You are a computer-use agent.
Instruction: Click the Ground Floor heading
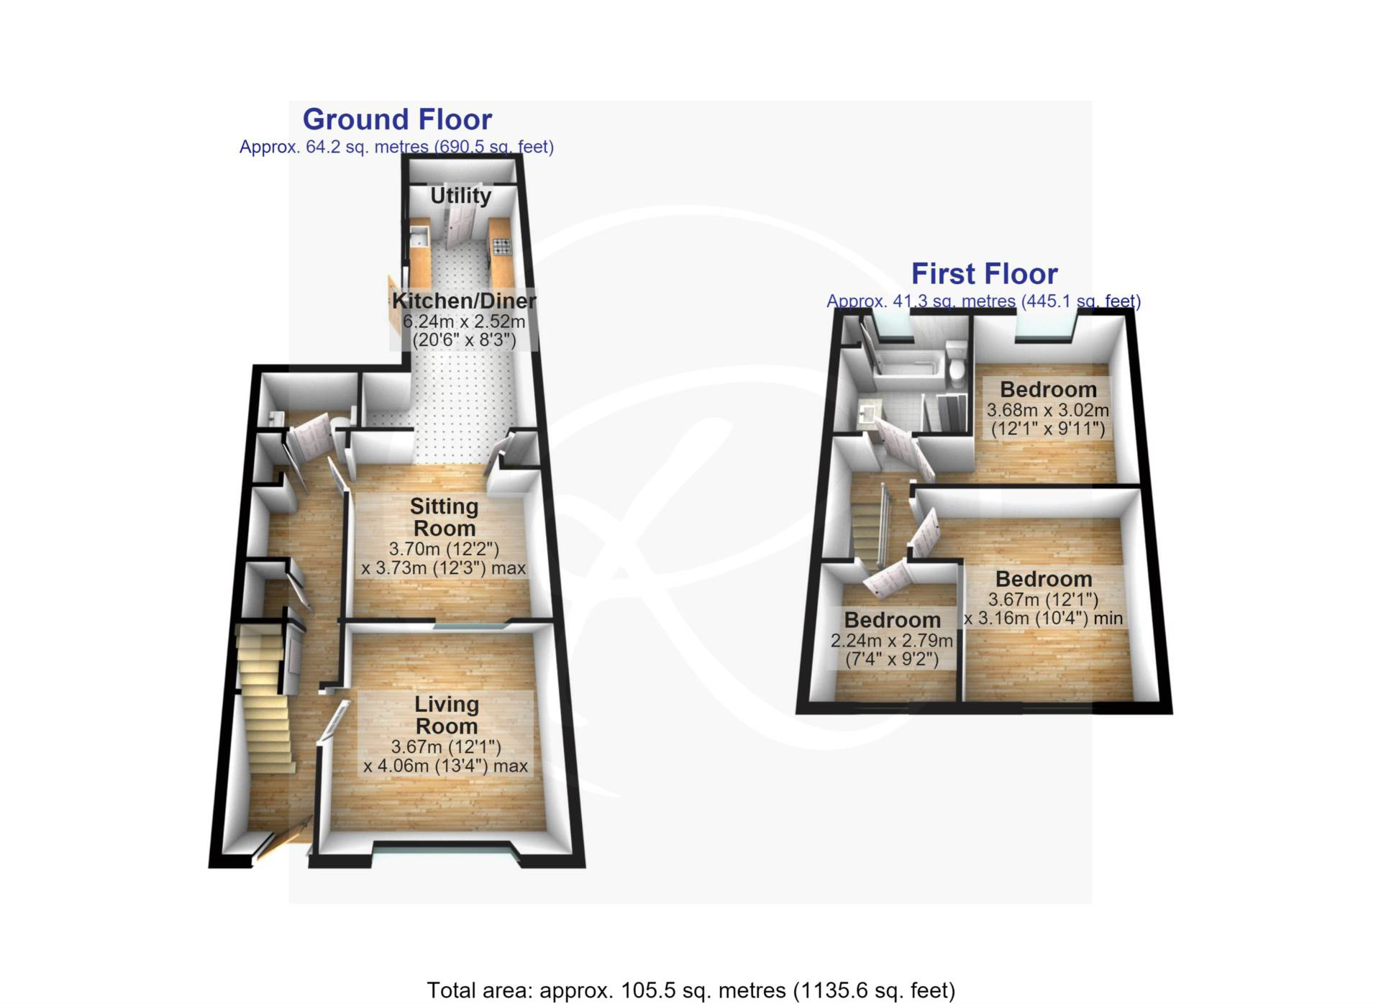(397, 119)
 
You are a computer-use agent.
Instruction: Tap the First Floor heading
(984, 274)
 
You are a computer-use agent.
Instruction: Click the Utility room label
(461, 196)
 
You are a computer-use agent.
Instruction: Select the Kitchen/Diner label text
(464, 301)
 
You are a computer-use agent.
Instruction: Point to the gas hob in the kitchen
(501, 247)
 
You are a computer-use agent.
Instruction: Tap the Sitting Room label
(445, 517)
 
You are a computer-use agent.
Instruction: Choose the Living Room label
(446, 715)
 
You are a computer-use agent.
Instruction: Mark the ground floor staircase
(265, 698)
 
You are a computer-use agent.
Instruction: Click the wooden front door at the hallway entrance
(282, 840)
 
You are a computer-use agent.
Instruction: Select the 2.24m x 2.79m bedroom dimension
(892, 641)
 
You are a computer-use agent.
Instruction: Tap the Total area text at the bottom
(691, 990)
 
